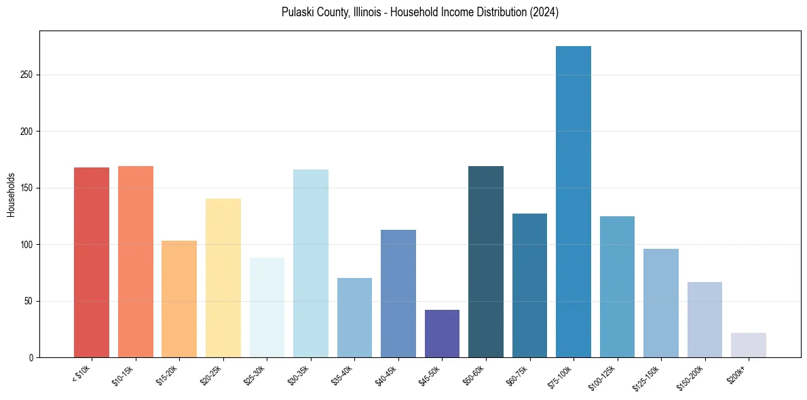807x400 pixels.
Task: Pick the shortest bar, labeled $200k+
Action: tap(749, 345)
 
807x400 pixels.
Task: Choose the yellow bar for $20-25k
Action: tap(223, 278)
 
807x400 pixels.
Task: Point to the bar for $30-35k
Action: tap(311, 264)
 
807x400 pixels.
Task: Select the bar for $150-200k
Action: tap(705, 319)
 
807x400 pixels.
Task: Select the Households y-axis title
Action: tap(11, 195)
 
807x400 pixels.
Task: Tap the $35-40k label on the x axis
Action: tap(344, 375)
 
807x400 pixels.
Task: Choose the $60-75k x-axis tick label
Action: tap(519, 375)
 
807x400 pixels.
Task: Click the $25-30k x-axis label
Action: tap(257, 375)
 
